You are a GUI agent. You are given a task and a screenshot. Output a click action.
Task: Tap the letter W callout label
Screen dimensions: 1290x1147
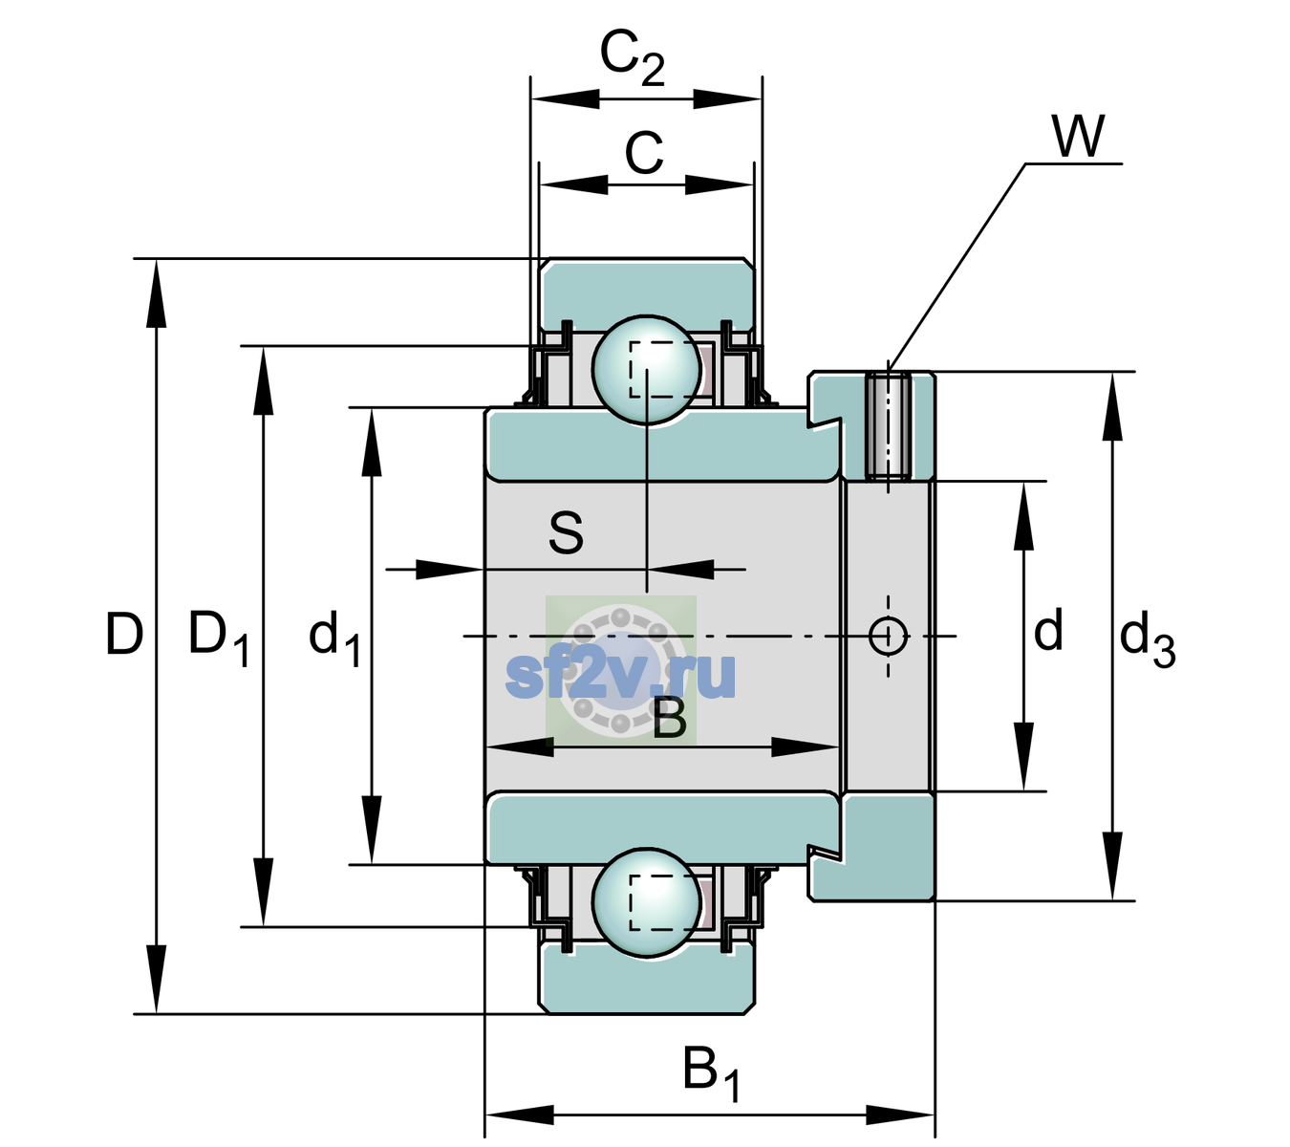[1078, 136]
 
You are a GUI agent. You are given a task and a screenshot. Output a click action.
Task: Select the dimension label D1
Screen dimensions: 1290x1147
[219, 637]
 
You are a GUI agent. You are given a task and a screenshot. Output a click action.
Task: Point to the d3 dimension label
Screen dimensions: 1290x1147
[1147, 638]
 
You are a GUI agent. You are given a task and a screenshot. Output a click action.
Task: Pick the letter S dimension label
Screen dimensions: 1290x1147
[566, 532]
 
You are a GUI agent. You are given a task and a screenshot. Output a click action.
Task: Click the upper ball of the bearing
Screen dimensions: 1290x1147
[646, 369]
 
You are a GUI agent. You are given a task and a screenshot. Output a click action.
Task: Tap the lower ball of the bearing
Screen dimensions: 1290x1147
[646, 902]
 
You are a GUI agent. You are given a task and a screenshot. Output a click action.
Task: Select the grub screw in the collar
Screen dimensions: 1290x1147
[888, 427]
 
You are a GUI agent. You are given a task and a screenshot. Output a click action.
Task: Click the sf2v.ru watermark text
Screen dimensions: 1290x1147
[620, 675]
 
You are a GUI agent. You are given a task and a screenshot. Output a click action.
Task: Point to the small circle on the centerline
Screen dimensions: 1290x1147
[888, 636]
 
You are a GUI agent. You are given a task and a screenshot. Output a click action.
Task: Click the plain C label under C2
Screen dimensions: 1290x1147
[644, 153]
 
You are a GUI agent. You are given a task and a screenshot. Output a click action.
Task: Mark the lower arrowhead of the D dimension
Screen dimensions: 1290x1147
[156, 980]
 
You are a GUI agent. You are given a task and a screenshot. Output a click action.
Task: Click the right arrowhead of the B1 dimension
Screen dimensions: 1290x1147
[900, 1115]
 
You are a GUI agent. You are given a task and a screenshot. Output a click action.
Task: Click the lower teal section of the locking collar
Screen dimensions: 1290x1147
[888, 847]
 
